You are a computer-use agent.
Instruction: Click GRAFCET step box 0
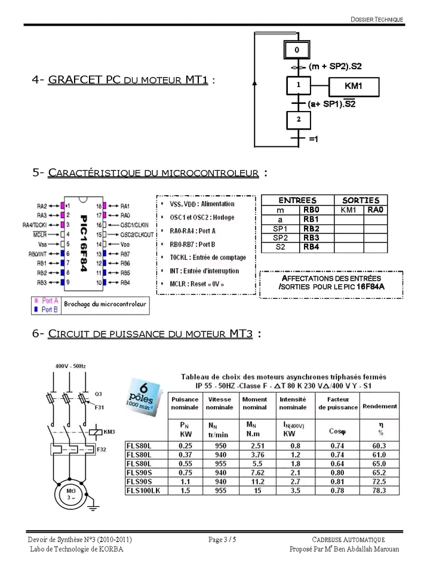(x=297, y=50)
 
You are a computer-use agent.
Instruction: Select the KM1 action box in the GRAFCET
(x=352, y=87)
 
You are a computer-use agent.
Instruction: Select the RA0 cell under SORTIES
(x=375, y=210)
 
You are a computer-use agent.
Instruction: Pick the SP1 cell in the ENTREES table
(x=280, y=229)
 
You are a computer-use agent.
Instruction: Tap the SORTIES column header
(x=361, y=201)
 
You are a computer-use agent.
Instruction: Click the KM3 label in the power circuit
(x=109, y=431)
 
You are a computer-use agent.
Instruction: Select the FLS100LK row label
(x=143, y=490)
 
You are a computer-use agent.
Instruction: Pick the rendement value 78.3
(x=379, y=490)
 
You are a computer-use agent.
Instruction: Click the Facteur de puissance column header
(x=337, y=403)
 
